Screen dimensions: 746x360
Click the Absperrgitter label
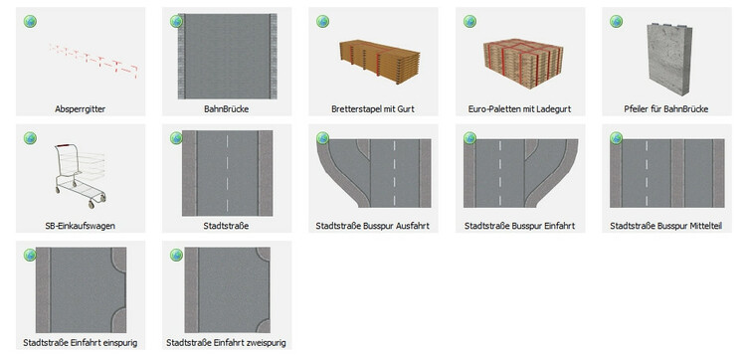[80, 109]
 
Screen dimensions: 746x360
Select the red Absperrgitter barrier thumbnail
[93, 62]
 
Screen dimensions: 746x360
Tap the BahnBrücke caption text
[227, 109]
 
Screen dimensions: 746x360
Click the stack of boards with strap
[380, 62]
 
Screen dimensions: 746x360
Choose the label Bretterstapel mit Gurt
[373, 109]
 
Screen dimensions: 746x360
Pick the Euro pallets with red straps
[523, 64]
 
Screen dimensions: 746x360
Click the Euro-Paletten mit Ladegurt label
[519, 109]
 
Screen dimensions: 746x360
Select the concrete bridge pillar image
[669, 59]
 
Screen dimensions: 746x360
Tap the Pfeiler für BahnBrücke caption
[666, 109]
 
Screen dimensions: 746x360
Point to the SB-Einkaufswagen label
[80, 226]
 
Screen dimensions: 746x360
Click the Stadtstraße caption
[226, 226]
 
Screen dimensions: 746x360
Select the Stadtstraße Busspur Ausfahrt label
[373, 226]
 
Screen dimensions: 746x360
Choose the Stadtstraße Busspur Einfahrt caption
[519, 226]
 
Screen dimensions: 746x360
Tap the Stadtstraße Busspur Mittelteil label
[666, 226]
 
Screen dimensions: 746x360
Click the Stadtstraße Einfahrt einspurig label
[80, 343]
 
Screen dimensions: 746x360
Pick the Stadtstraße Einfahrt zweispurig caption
[226, 343]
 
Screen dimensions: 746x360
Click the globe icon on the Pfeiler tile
[616, 22]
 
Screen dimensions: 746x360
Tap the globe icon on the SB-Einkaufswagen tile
[30, 138]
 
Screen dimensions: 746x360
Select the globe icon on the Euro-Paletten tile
[469, 22]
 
